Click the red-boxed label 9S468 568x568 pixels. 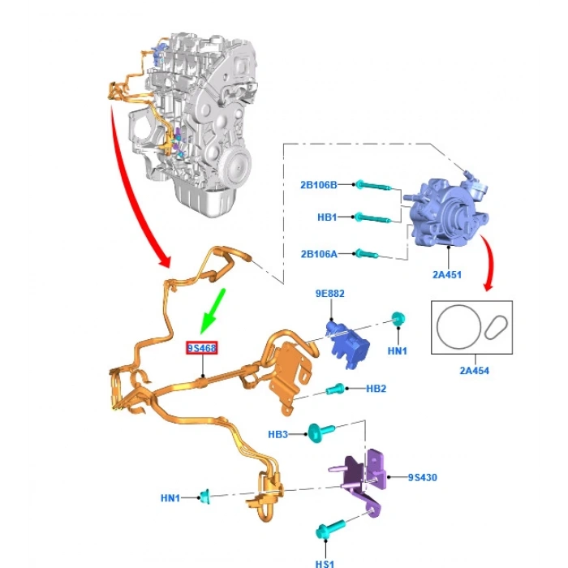pyautogui.click(x=202, y=348)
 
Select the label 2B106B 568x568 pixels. pyautogui.click(x=320, y=185)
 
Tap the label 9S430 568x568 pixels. pyautogui.click(x=422, y=477)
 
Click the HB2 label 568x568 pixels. pyautogui.click(x=376, y=389)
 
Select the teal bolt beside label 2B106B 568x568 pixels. pyautogui.click(x=373, y=186)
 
